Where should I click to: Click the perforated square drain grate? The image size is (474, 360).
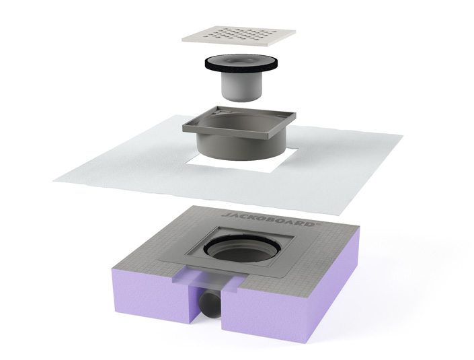(x=239, y=36)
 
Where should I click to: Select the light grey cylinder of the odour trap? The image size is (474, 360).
(x=242, y=87)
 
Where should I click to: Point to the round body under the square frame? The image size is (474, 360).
(x=241, y=147)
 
